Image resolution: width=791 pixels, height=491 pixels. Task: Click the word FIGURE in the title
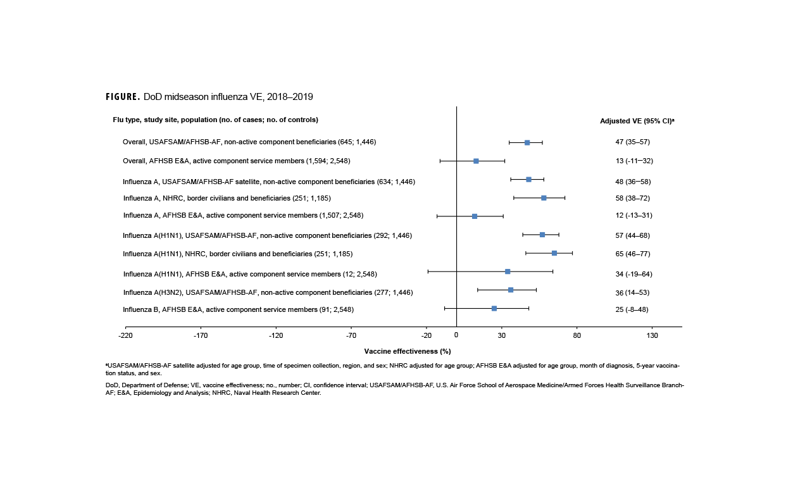pos(123,97)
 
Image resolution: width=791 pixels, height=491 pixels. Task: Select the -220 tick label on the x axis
pos(125,335)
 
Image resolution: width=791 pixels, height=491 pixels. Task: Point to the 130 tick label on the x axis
pos(652,335)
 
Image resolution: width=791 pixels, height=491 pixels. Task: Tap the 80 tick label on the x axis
pos(576,335)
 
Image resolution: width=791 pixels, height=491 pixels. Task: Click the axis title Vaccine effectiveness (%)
pos(408,351)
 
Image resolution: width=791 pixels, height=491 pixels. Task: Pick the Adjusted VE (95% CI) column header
pos(637,120)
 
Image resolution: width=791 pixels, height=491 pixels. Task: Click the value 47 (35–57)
pos(633,142)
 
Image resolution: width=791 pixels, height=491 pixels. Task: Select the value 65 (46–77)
pos(633,254)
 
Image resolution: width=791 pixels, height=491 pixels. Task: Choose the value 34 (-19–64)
pos(634,274)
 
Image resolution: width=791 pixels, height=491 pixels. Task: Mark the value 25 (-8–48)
pos(632,309)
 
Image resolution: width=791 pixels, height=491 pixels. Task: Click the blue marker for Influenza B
pos(494,308)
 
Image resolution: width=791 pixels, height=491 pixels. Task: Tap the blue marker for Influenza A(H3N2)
pos(511,290)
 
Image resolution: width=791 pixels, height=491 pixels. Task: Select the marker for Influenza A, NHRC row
pos(544,198)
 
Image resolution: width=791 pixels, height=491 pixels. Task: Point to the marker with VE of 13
pos(476,161)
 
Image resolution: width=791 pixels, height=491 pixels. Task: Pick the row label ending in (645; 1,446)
pos(249,142)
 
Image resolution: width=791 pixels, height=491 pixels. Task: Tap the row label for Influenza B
pos(238,309)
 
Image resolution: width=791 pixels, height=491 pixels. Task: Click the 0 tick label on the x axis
pos(456,335)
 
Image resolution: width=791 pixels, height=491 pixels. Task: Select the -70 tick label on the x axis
pos(351,335)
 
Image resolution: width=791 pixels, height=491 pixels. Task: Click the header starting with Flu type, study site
pos(215,120)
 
